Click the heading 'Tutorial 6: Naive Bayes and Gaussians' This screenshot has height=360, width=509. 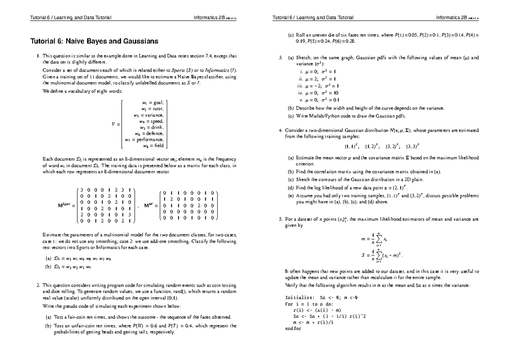[x=95, y=42]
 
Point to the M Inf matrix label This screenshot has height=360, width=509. [x=150, y=206]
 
